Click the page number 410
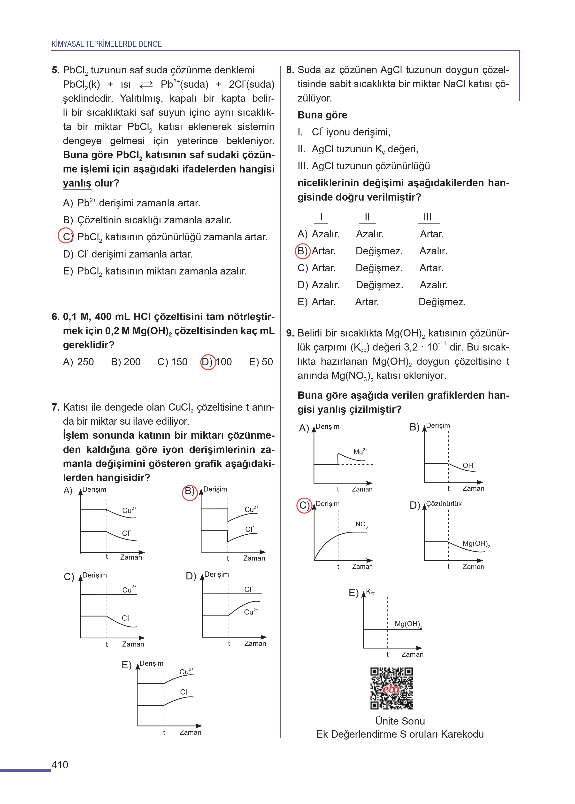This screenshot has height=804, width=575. (60, 765)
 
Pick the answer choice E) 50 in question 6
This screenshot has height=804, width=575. (261, 362)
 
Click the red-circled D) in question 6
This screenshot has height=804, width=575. (208, 362)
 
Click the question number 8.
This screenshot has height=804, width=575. (290, 70)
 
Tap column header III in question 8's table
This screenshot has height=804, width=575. (428, 217)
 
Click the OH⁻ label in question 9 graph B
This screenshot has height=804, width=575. (468, 465)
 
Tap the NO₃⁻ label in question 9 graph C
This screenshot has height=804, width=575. (361, 524)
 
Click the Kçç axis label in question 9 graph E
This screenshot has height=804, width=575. (370, 592)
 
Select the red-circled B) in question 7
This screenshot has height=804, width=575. (190, 491)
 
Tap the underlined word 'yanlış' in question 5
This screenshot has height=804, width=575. (77, 183)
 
